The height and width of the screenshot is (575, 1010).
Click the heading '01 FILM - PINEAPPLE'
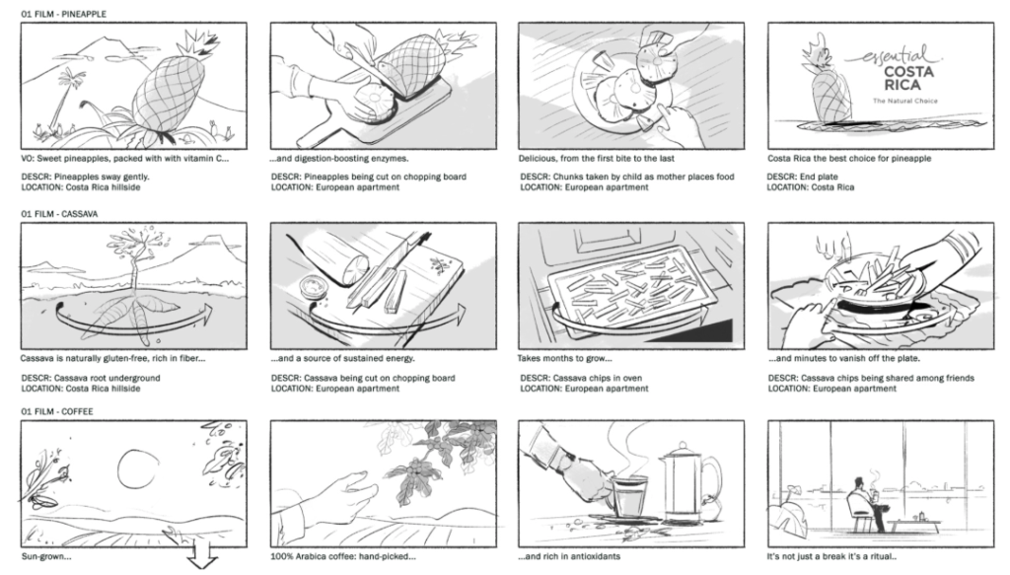[x=64, y=14]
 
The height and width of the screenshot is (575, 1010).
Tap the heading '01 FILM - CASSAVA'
[x=59, y=214]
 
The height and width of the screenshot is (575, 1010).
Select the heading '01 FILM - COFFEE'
[x=57, y=411]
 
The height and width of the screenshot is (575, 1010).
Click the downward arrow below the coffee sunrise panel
[x=203, y=558]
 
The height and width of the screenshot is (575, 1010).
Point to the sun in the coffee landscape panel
[x=138, y=468]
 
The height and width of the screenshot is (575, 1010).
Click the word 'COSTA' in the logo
[x=908, y=71]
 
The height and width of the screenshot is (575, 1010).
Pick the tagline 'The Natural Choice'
[x=905, y=101]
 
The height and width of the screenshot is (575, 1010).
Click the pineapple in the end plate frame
[x=826, y=86]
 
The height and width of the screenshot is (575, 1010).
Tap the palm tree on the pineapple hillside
[x=66, y=98]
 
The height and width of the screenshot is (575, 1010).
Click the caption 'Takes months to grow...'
[x=565, y=358]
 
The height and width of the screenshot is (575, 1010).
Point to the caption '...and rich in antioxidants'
[x=569, y=556]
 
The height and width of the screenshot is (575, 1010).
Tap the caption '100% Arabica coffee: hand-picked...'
[x=343, y=556]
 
